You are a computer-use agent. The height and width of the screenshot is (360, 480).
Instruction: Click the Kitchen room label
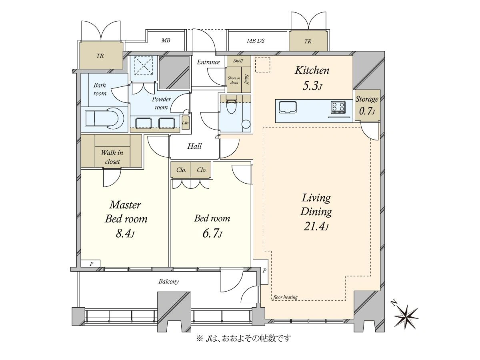pos(312,71)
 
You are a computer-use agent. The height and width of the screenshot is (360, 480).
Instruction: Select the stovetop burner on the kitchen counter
pos(338,108)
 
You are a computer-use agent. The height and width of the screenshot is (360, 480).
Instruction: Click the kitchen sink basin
pos(288,108)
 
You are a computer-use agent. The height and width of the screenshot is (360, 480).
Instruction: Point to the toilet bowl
pos(230,106)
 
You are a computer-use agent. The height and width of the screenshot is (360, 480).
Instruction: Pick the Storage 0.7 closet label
pos(367,105)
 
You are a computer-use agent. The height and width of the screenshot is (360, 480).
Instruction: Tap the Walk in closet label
pos(112,157)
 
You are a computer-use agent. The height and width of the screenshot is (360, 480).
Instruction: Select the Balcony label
pos(169,281)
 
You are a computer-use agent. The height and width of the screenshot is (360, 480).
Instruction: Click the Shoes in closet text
pos(234,80)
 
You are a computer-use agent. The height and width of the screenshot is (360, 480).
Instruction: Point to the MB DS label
pos(256,41)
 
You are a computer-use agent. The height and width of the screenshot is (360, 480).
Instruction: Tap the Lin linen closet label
pos(185,123)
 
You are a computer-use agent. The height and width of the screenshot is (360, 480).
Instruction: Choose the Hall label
pos(194,146)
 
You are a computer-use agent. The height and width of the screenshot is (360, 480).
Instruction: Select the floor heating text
pos(285,297)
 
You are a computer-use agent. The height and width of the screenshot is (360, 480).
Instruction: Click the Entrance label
pos(208,62)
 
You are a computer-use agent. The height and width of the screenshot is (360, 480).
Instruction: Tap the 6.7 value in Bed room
pos(212,234)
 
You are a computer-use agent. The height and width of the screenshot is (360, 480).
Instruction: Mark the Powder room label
pos(161,103)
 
